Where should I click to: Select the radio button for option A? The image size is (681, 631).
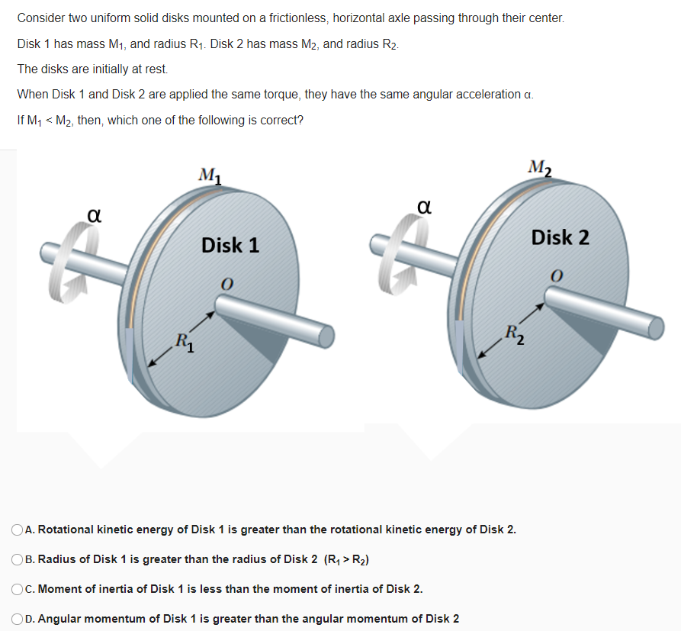pyautogui.click(x=18, y=530)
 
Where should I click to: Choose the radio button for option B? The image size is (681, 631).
pyautogui.click(x=18, y=559)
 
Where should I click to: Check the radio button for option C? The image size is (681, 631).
pyautogui.click(x=18, y=588)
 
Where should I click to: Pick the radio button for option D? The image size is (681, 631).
pyautogui.click(x=18, y=618)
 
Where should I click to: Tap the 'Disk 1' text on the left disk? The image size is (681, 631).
pyautogui.click(x=230, y=245)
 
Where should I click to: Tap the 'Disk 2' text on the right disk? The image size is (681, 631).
pyautogui.click(x=561, y=237)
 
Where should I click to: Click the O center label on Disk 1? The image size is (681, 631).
pyautogui.click(x=226, y=283)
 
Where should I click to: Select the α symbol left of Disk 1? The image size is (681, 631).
pyautogui.click(x=94, y=217)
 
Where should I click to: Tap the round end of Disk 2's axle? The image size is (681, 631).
pyautogui.click(x=656, y=327)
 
